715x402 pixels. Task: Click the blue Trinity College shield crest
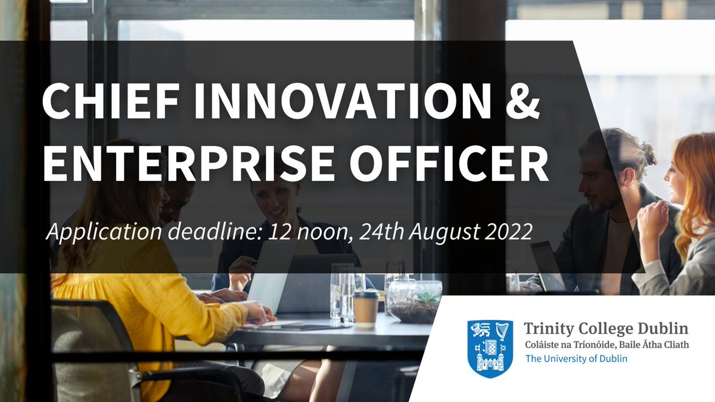tap(490, 348)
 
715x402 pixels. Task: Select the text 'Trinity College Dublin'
tap(605, 328)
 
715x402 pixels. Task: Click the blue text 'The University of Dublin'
tap(576, 359)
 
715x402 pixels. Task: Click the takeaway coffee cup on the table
tap(366, 307)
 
